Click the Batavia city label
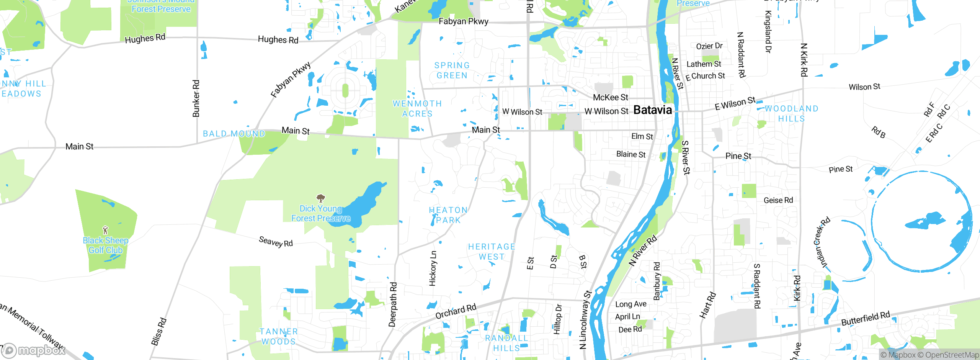coord(652,110)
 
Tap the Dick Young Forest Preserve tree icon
coord(321,198)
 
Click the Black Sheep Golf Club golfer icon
coord(105,230)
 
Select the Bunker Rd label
coord(196,98)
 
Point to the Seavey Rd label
coord(276,242)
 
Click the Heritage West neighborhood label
coord(492,252)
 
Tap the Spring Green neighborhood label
coord(452,70)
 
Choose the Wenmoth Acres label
coord(417,109)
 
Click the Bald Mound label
coord(234,134)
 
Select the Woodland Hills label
coord(791,114)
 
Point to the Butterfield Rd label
coord(866,318)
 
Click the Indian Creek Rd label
coord(822,242)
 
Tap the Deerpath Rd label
coord(393,304)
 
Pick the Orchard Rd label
coord(456,311)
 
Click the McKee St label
coord(610,98)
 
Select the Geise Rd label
coord(778,200)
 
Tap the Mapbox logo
coord(34,350)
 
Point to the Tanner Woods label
coord(279,337)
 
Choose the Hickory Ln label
coord(433,268)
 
